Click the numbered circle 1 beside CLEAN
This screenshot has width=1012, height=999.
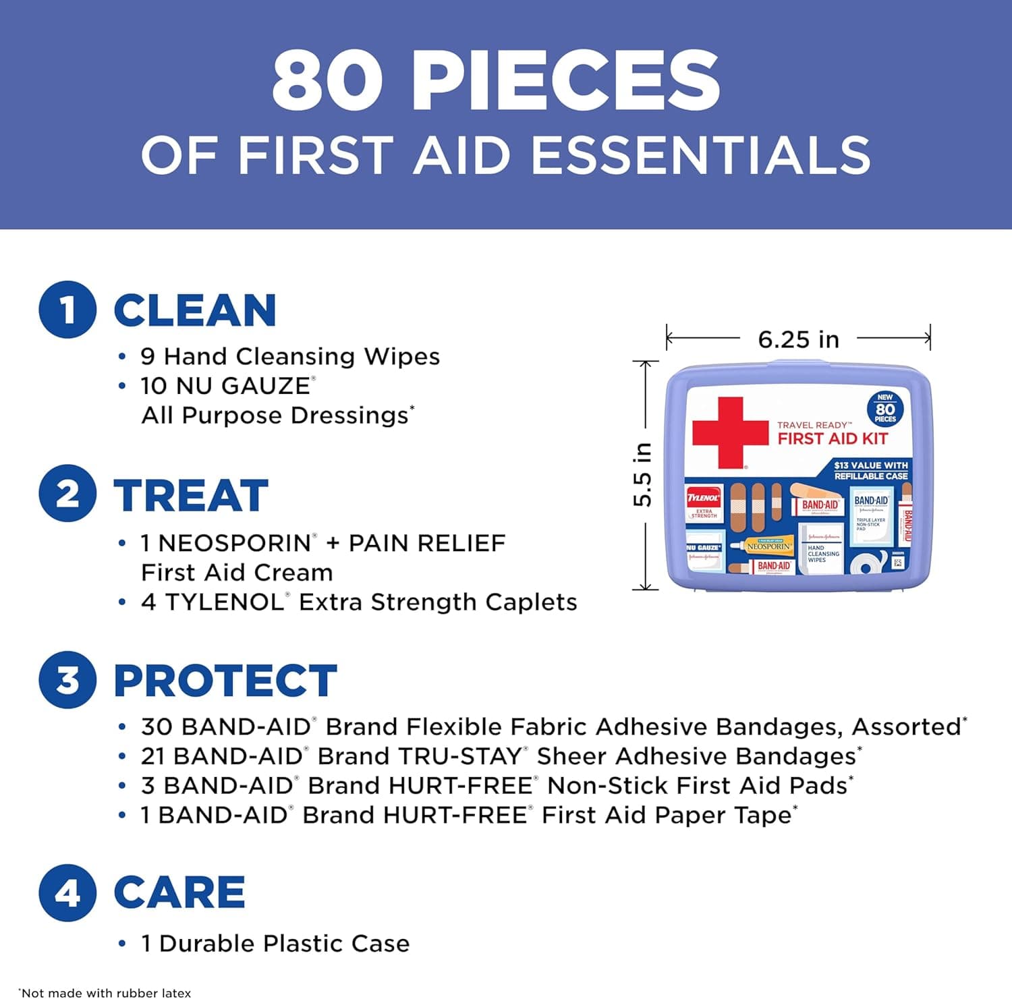67,310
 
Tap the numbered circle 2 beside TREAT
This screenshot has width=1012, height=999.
67,494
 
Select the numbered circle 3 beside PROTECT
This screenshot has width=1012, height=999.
67,679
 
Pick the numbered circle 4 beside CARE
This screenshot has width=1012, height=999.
67,892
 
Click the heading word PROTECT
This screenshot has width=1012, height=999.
225,680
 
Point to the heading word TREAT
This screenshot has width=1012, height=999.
191,495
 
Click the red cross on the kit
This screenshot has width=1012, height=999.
729,432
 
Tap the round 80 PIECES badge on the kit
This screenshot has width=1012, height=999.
884,409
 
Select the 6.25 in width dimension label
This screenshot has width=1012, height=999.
798,339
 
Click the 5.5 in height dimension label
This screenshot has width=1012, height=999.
643,475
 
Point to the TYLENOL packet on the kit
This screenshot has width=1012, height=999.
704,503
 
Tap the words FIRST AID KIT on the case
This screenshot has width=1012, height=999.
833,439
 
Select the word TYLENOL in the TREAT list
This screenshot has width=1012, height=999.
225,602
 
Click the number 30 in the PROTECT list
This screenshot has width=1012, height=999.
155,726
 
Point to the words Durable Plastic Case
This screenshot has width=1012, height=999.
284,943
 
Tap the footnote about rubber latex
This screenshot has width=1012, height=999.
105,992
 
